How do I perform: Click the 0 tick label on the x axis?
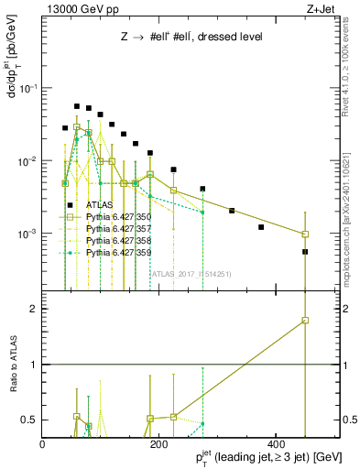click(x=43, y=445)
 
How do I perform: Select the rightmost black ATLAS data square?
click(x=305, y=252)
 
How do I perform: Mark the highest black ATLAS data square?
click(x=77, y=106)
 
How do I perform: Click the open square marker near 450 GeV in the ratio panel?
click(x=305, y=321)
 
